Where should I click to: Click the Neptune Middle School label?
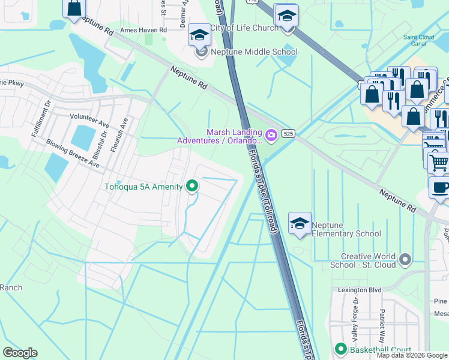coord(253,52)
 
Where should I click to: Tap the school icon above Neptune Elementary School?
coord(300,223)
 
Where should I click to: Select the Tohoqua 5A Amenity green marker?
coord(192,187)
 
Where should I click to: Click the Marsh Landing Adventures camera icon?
coord(271,135)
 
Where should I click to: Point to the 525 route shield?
coord(289,133)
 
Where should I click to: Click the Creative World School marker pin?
coord(406,260)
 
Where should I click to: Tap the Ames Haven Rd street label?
coord(143,31)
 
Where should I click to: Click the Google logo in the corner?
coord(20,353)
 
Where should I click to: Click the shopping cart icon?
coord(439,162)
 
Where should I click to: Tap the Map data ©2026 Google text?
coord(412,355)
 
